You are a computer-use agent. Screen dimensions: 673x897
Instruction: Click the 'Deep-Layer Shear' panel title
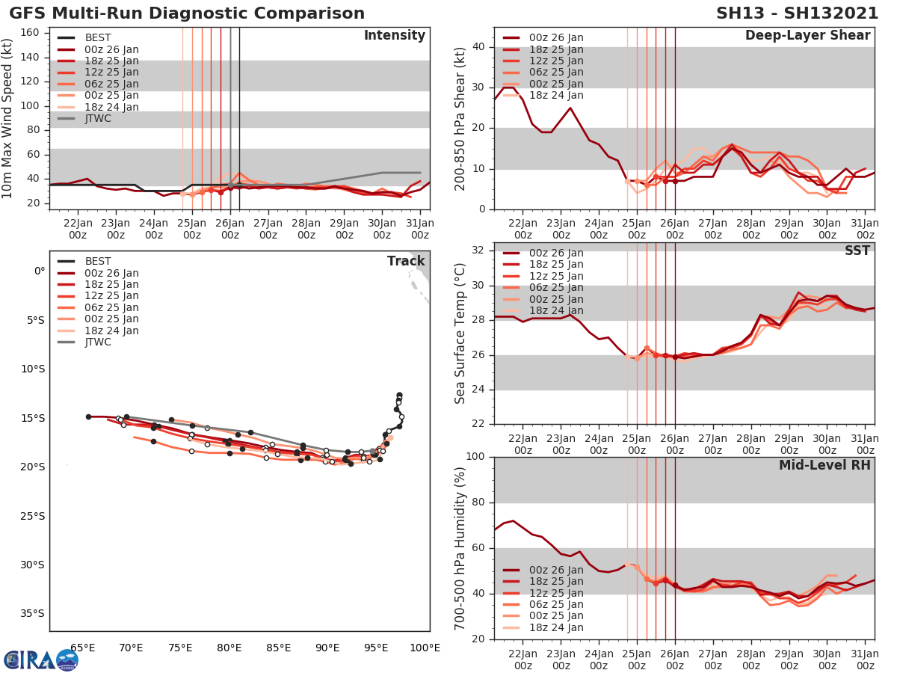click(807, 36)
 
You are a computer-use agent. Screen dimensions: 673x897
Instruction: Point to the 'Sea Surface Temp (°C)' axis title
click(460, 334)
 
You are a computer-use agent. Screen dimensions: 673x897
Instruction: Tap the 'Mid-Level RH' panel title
click(824, 465)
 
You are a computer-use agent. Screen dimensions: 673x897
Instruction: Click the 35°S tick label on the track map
click(33, 613)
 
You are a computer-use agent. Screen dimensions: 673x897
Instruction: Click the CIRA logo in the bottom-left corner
click(40, 660)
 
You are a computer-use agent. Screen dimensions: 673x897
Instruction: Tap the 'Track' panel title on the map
click(406, 261)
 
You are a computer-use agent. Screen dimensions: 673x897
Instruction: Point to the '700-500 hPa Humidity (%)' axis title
click(460, 548)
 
